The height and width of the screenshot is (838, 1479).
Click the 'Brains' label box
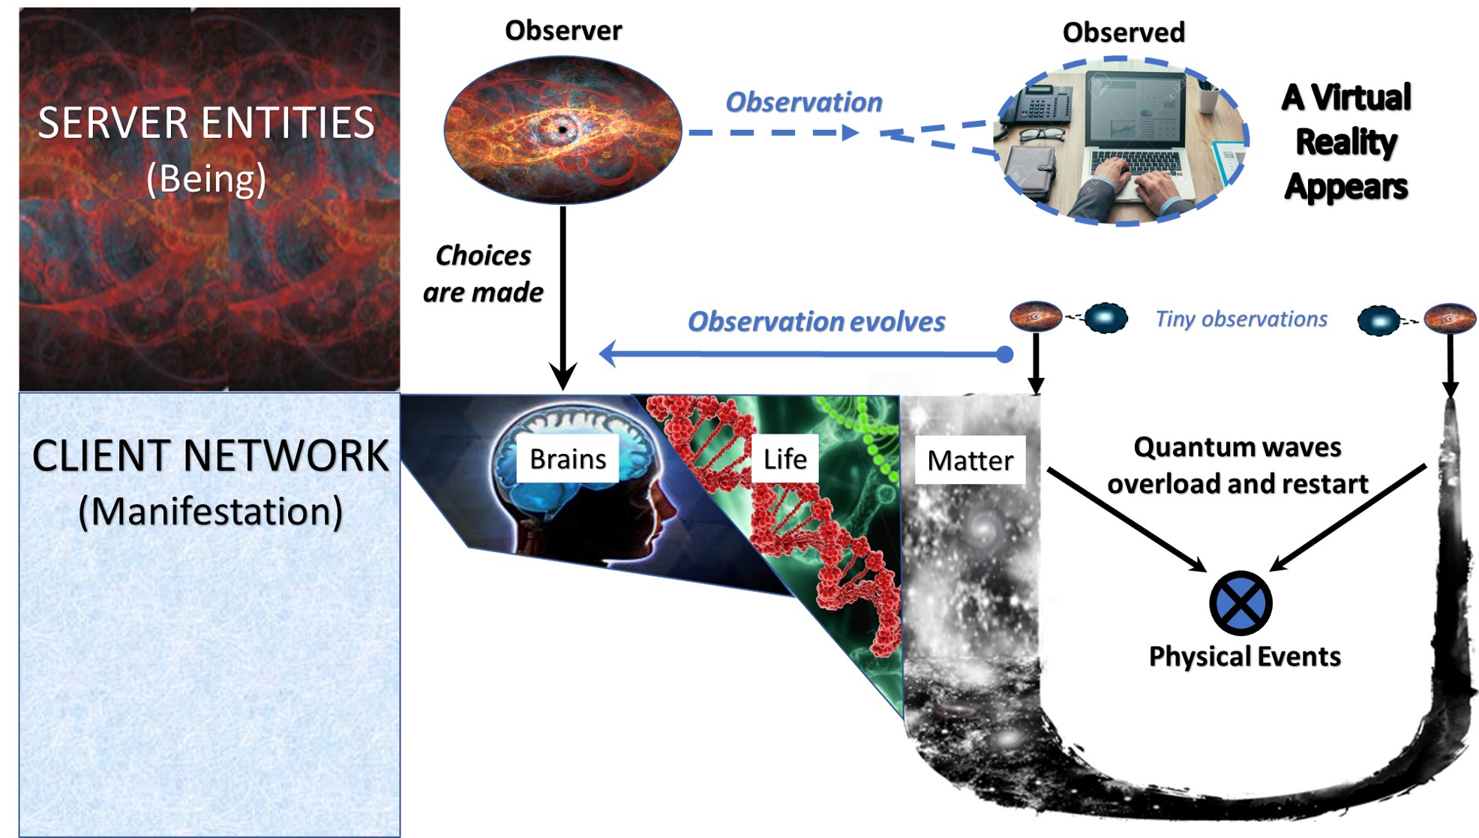click(568, 458)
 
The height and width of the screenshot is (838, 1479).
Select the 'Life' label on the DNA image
click(784, 458)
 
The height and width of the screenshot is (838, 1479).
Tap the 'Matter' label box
click(970, 460)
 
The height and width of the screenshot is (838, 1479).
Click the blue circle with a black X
click(1240, 603)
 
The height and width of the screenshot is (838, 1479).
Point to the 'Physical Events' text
click(1245, 656)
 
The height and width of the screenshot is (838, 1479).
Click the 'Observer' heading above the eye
click(563, 31)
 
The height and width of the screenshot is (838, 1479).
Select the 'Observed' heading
click(1123, 32)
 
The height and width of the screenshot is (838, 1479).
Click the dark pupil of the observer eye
click(562, 129)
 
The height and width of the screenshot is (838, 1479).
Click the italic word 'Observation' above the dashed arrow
click(803, 102)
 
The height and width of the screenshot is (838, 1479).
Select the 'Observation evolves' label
click(816, 321)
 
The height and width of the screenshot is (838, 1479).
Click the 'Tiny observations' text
click(1241, 319)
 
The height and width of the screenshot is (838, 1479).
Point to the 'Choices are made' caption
click(483, 274)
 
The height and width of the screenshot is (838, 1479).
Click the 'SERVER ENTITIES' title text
click(206, 123)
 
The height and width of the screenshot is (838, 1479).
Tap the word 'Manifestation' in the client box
click(211, 512)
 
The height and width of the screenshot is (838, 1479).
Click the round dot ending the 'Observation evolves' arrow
click(1005, 354)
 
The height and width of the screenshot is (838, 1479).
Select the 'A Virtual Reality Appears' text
click(1346, 142)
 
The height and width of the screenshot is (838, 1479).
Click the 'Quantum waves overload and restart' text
click(1238, 465)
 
